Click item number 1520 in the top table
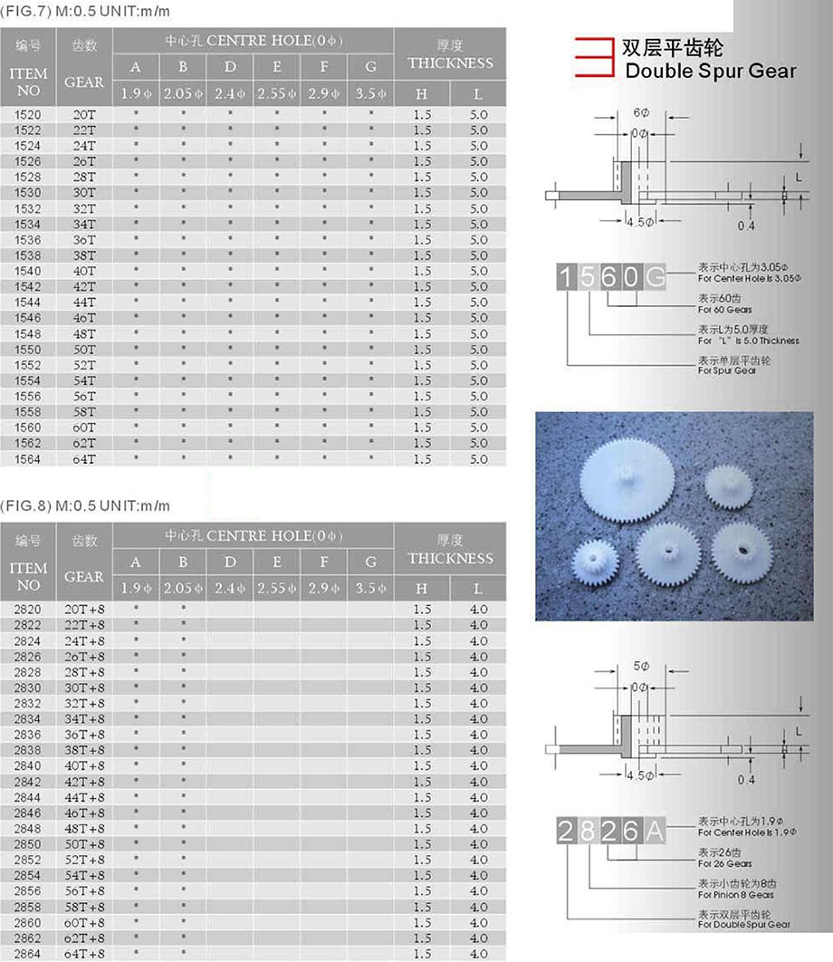pyautogui.click(x=28, y=115)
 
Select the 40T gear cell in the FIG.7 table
pyautogui.click(x=84, y=271)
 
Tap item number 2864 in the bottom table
pyautogui.click(x=28, y=954)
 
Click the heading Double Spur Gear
pyautogui.click(x=711, y=71)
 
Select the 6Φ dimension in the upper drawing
pyautogui.click(x=641, y=113)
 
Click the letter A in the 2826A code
pyautogui.click(x=654, y=831)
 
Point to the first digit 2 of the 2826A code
pyautogui.click(x=566, y=831)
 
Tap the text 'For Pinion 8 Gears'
pyautogui.click(x=735, y=895)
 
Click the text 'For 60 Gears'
pyautogui.click(x=725, y=310)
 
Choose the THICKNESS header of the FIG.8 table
pyautogui.click(x=450, y=558)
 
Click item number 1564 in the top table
pyautogui.click(x=28, y=459)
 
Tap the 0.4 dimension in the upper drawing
pyautogui.click(x=746, y=226)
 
